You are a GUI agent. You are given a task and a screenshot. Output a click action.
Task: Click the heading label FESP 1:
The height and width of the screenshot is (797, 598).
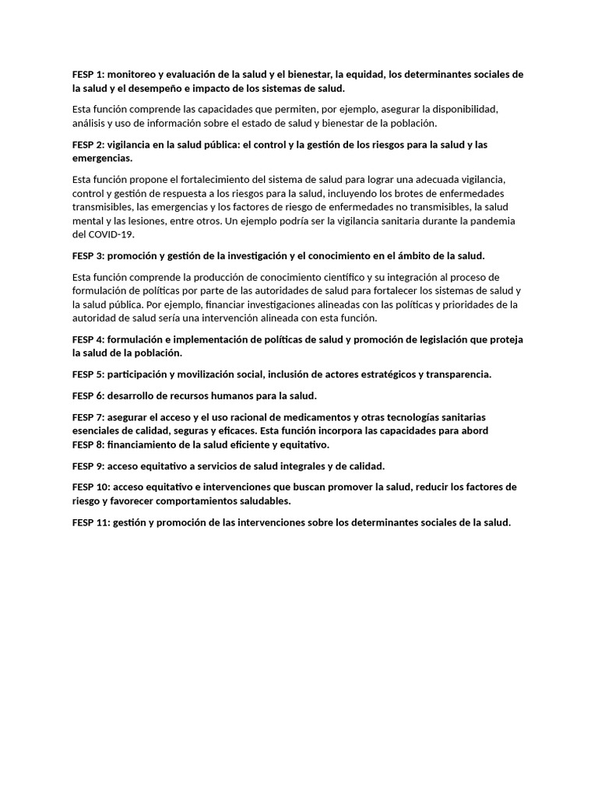click(88, 75)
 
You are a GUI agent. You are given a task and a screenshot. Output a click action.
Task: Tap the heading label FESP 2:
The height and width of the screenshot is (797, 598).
click(88, 145)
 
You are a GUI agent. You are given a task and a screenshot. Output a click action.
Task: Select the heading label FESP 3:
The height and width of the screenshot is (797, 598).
click(88, 255)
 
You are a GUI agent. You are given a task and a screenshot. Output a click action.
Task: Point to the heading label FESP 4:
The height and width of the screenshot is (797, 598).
click(88, 339)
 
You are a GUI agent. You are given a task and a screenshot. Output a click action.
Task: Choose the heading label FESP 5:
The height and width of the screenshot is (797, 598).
click(88, 374)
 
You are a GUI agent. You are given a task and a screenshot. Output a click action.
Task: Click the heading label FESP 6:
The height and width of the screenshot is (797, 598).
click(88, 395)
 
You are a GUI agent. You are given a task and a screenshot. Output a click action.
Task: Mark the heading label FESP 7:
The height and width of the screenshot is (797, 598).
click(88, 417)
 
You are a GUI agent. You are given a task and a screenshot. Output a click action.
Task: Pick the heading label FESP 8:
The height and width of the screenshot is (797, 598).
click(88, 444)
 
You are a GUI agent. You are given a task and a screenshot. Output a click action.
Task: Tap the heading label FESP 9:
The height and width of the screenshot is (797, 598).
click(88, 466)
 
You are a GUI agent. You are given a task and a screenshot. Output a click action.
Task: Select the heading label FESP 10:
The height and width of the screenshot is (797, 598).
click(90, 487)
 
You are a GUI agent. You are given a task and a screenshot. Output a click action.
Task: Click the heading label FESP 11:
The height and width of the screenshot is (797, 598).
click(90, 522)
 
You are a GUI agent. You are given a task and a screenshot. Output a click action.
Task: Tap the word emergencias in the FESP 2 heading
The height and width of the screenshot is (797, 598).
click(102, 158)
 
